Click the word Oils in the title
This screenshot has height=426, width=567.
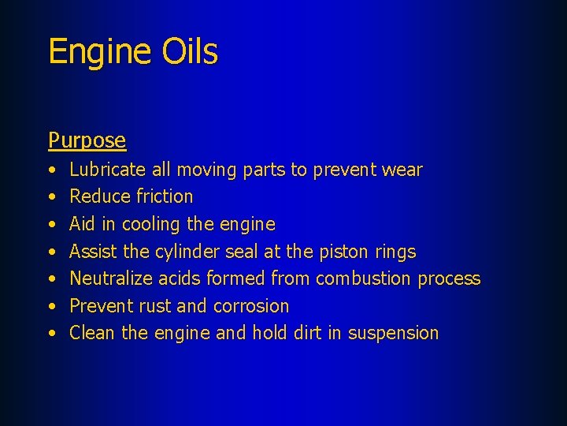click(x=188, y=51)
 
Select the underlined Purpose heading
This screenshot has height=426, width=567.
click(x=87, y=140)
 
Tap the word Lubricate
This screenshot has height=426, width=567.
click(x=108, y=170)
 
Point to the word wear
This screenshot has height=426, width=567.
click(x=402, y=170)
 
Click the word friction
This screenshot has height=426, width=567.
click(x=165, y=196)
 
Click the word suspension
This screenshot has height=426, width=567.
click(x=393, y=334)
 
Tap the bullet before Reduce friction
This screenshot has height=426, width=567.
click(x=51, y=197)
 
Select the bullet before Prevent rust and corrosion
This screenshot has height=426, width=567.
click(x=51, y=306)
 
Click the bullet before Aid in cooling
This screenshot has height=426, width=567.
click(x=51, y=225)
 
